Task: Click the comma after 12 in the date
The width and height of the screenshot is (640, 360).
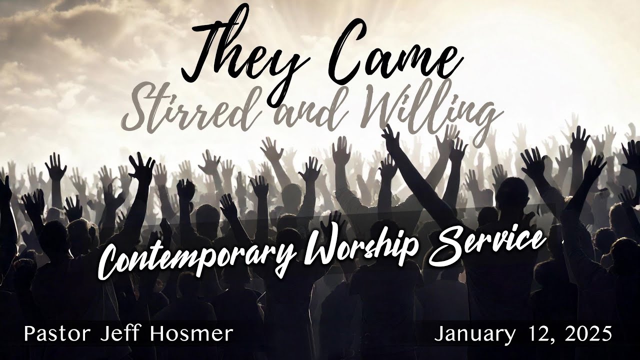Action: coord(547,340)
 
